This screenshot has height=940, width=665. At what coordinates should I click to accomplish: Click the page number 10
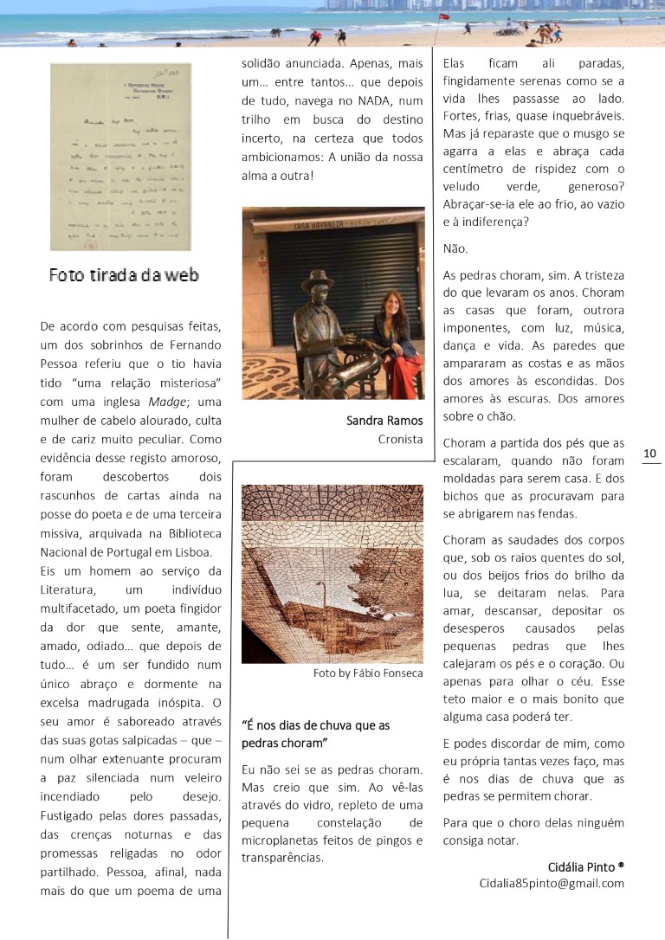pyautogui.click(x=650, y=454)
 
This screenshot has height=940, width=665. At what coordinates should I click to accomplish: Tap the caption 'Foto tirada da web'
pyautogui.click(x=124, y=275)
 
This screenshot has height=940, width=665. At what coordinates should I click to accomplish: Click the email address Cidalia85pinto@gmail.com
pyautogui.click(x=552, y=883)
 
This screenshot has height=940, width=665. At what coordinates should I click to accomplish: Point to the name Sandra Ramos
pyautogui.click(x=384, y=421)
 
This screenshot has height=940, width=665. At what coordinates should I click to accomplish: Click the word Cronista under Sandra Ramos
pyautogui.click(x=400, y=439)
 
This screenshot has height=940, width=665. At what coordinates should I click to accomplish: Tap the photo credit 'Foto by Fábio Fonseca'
pyautogui.click(x=368, y=673)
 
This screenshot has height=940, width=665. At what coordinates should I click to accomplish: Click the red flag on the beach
pyautogui.click(x=443, y=16)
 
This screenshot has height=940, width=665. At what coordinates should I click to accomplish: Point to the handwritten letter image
pyautogui.click(x=120, y=157)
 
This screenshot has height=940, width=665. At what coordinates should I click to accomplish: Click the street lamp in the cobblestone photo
pyautogui.click(x=323, y=596)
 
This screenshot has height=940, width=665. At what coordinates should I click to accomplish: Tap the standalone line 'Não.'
pyautogui.click(x=455, y=248)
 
